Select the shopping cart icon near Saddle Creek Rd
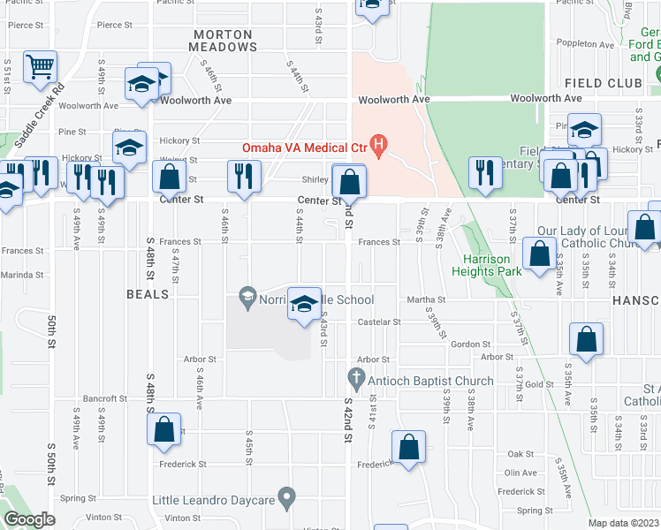tap(41, 67)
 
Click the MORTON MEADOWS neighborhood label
tap(223, 41)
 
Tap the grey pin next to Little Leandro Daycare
tap(286, 499)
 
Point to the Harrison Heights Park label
tap(487, 265)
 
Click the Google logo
tap(29, 519)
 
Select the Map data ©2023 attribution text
tap(623, 523)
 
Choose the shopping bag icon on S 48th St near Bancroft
tap(165, 430)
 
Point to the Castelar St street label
tap(378, 322)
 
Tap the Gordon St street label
tap(470, 344)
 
